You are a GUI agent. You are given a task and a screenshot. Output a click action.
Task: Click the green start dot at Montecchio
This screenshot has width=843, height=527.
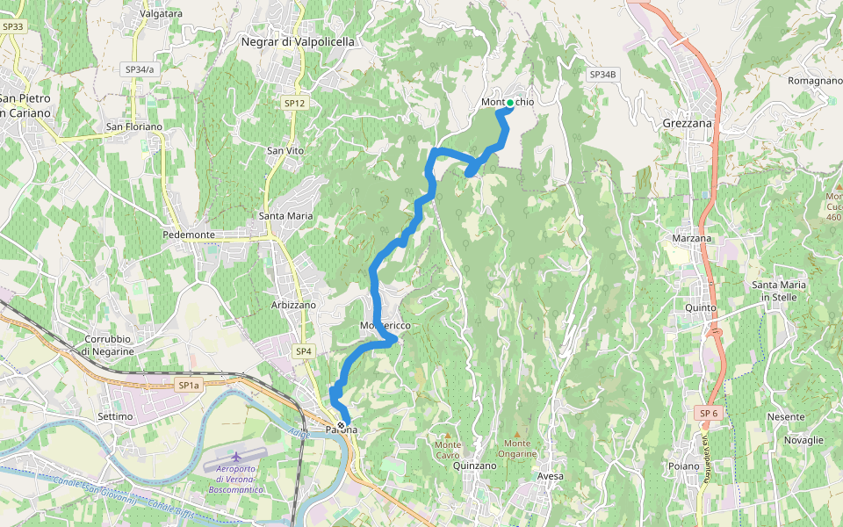510,103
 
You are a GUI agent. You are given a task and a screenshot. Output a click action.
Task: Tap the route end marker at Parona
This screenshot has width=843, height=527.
342,425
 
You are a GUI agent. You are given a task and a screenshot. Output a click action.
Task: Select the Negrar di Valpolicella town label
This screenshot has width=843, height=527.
298,41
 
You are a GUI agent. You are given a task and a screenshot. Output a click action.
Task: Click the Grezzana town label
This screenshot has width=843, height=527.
688,124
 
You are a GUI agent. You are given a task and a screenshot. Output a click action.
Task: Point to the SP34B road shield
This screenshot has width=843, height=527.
603,75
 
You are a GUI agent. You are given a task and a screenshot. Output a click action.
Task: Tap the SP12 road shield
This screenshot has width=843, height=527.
294,104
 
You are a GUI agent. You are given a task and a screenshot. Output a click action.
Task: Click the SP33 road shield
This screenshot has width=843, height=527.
12,27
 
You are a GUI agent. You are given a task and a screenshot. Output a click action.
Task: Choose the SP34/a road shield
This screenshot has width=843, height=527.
139,69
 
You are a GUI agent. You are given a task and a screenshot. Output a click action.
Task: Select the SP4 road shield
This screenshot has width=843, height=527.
303,351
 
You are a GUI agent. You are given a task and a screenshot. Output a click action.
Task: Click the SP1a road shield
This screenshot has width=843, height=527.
189,386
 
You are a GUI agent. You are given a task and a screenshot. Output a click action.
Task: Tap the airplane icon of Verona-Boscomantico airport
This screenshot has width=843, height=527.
236,458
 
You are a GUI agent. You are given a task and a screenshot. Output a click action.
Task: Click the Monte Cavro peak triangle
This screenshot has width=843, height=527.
447,434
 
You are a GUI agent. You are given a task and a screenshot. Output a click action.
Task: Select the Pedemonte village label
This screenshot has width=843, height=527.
189,235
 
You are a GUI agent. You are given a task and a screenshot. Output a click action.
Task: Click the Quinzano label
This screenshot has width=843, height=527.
475,466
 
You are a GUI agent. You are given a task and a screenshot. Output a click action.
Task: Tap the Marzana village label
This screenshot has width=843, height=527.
691,239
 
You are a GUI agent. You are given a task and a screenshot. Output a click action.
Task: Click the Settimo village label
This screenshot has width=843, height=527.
115,416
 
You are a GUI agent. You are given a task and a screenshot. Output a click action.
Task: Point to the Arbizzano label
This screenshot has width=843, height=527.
293,305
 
